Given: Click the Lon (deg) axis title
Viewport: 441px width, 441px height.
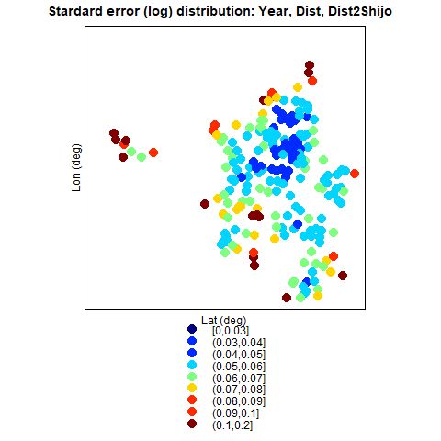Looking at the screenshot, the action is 76,167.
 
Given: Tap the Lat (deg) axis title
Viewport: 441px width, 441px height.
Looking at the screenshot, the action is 223,321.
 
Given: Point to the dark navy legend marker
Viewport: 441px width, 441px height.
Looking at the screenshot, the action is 192,329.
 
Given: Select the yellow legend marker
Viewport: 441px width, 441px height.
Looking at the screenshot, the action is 192,388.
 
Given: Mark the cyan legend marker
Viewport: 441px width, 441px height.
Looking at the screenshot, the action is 192,365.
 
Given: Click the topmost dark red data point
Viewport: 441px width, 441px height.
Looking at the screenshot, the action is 310,65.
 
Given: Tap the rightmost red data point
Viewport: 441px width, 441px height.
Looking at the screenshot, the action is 355,174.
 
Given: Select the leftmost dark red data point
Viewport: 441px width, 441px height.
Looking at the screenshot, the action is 114,133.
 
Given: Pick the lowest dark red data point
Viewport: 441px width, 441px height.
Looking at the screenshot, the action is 287,298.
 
